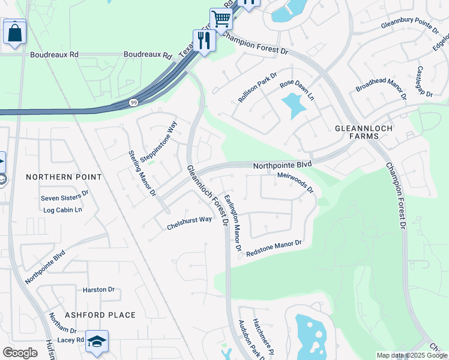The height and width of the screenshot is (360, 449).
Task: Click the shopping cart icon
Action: point(221,19)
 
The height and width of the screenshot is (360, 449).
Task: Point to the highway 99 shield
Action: point(133,103)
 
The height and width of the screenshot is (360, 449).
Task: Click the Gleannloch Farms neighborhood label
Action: point(357,133)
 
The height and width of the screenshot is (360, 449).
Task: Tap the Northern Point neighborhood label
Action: point(64,177)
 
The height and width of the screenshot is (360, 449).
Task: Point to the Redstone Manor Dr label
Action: point(273,248)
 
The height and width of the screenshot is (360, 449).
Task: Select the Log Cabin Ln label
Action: point(62,210)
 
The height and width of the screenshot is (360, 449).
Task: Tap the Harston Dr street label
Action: point(98,289)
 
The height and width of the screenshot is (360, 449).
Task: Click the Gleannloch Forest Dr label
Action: point(208,195)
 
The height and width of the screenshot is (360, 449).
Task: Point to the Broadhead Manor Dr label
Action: point(381,89)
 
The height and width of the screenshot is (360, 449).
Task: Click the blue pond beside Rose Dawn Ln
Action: point(293,106)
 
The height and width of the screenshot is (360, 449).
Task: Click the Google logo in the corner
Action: point(20,353)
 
